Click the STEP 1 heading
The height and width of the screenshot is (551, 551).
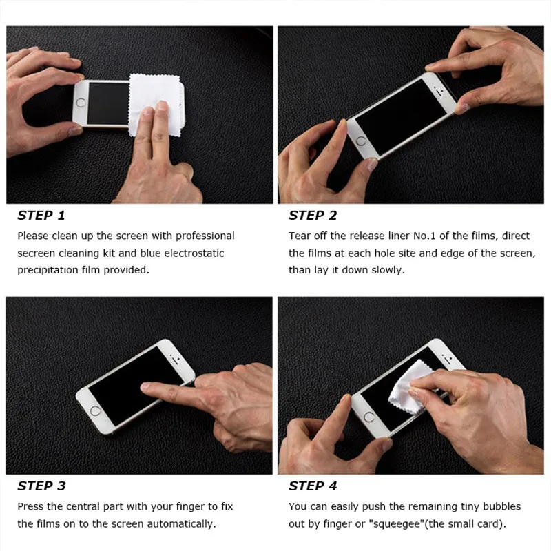(x=41, y=216)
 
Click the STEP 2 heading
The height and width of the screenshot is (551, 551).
(x=313, y=216)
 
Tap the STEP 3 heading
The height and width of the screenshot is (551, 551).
(x=41, y=486)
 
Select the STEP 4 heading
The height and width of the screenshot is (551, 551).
(x=313, y=486)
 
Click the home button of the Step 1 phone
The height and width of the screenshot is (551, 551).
(x=81, y=103)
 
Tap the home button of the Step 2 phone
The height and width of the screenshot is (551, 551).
(x=360, y=141)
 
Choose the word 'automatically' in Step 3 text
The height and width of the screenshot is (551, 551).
(x=184, y=524)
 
